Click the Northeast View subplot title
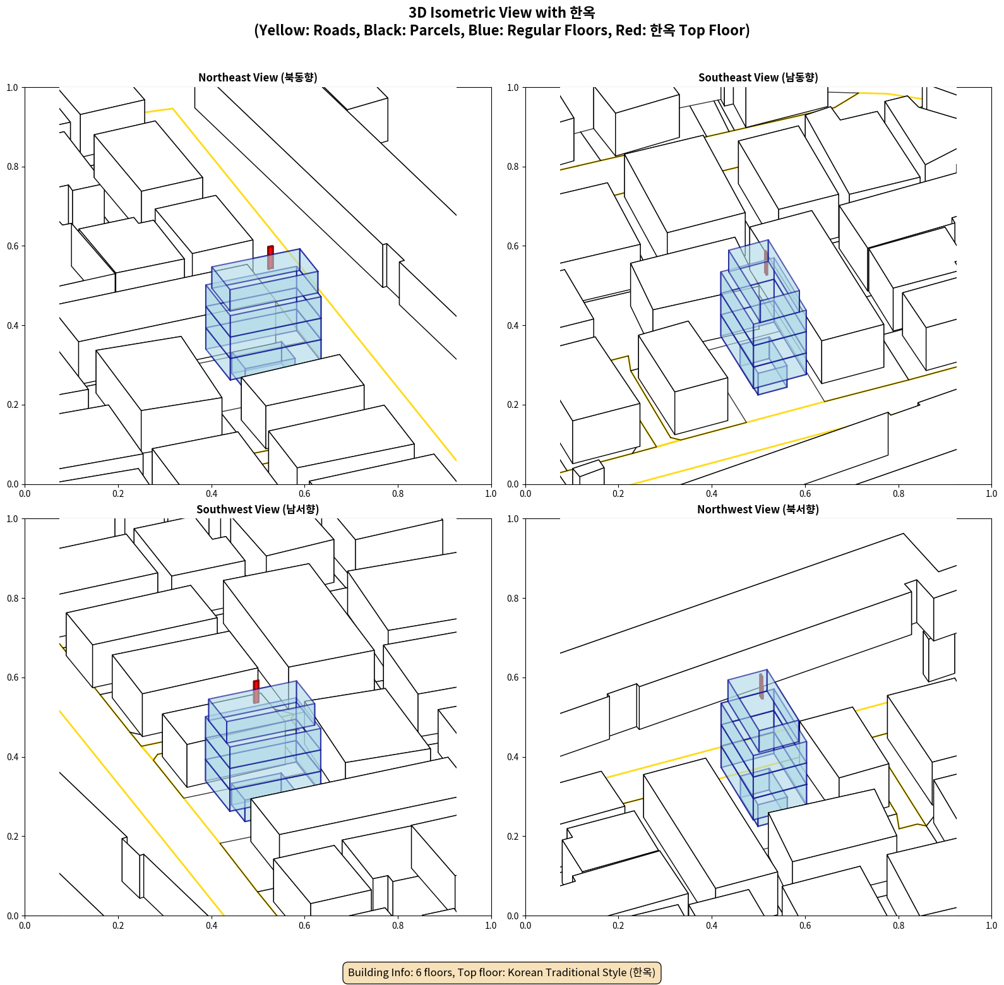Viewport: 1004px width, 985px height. tap(258, 78)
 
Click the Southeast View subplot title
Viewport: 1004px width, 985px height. tap(758, 78)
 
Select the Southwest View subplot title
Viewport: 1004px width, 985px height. tap(258, 510)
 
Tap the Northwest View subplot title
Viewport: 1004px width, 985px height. tap(758, 510)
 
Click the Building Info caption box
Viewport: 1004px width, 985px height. tap(501, 972)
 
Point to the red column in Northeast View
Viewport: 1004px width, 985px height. tap(270, 258)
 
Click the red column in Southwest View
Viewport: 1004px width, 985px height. tap(256, 692)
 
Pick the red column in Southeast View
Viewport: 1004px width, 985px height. tap(766, 263)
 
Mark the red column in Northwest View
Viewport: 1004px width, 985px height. tap(762, 686)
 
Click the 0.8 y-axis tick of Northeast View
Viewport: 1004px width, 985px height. tap(13, 167)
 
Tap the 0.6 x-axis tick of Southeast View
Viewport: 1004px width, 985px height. tap(805, 494)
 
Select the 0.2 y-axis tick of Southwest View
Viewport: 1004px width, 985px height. tap(13, 836)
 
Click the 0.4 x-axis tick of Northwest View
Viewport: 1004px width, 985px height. tap(712, 926)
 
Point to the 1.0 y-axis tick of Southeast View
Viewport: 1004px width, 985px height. tap(513, 88)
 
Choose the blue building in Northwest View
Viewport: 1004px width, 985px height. tap(764, 748)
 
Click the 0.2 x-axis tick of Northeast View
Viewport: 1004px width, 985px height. tap(118, 494)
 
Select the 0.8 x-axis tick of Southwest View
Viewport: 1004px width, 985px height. tap(398, 926)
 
